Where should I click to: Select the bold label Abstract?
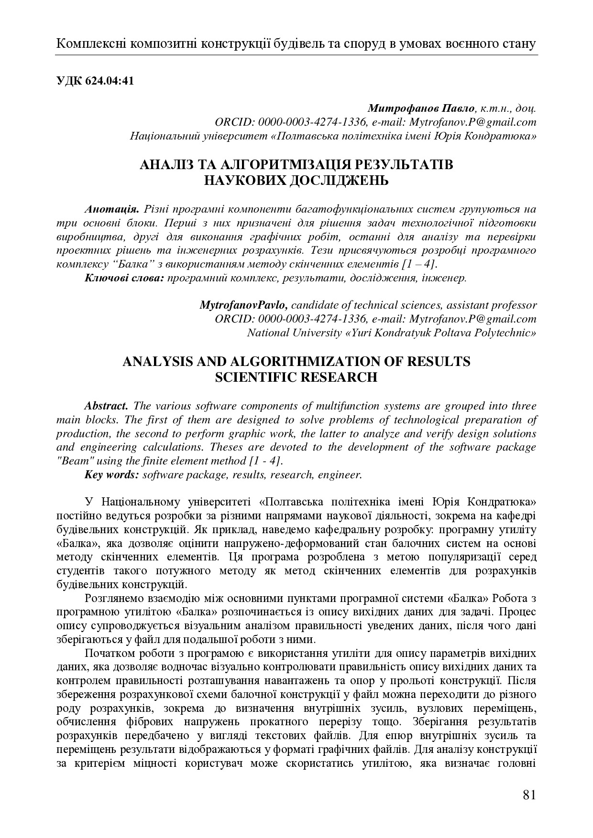(106, 406)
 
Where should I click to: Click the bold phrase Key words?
(112, 474)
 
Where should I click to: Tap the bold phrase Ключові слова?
(125, 278)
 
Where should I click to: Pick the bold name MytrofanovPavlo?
(243, 305)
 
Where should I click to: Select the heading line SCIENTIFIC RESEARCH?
(296, 377)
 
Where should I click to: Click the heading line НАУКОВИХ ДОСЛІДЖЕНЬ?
(296, 181)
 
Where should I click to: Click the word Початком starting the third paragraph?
(108, 654)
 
